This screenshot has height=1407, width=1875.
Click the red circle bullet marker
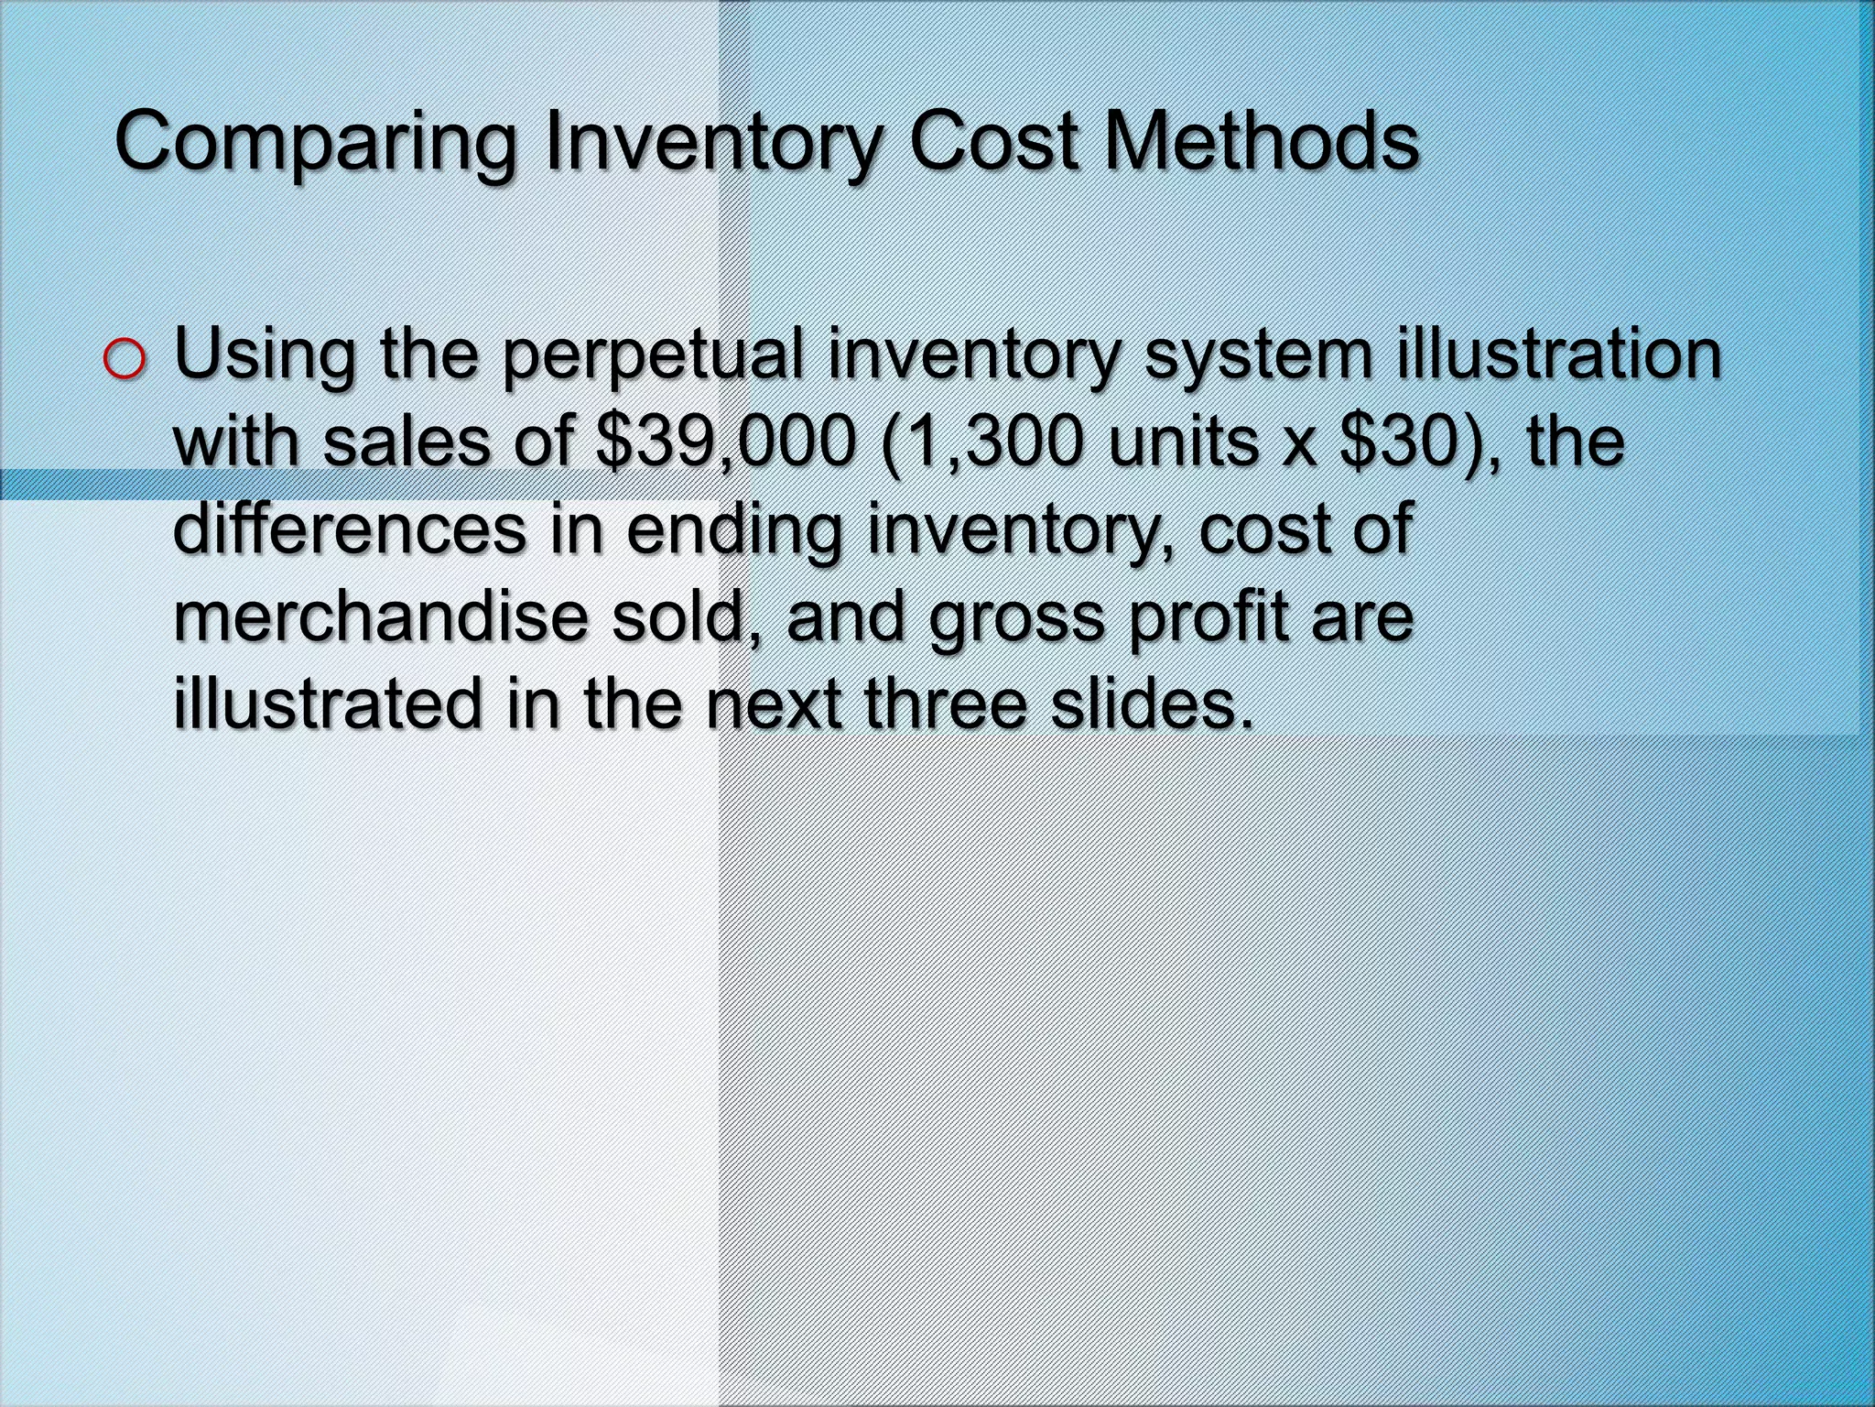(x=125, y=359)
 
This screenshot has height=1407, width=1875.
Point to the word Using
(x=265, y=357)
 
